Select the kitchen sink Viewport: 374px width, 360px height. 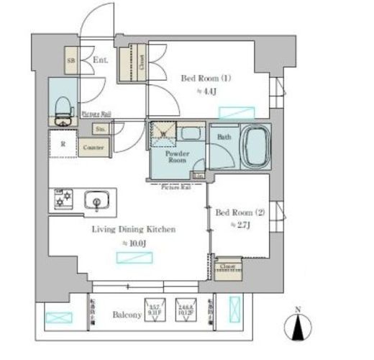[94, 199]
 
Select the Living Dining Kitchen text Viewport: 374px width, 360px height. [133, 230]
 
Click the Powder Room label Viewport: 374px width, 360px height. [176, 156]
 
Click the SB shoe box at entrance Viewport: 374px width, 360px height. [71, 60]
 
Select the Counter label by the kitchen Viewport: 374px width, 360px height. [93, 148]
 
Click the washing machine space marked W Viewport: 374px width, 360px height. [161, 132]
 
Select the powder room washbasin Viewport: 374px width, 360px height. [190, 132]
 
